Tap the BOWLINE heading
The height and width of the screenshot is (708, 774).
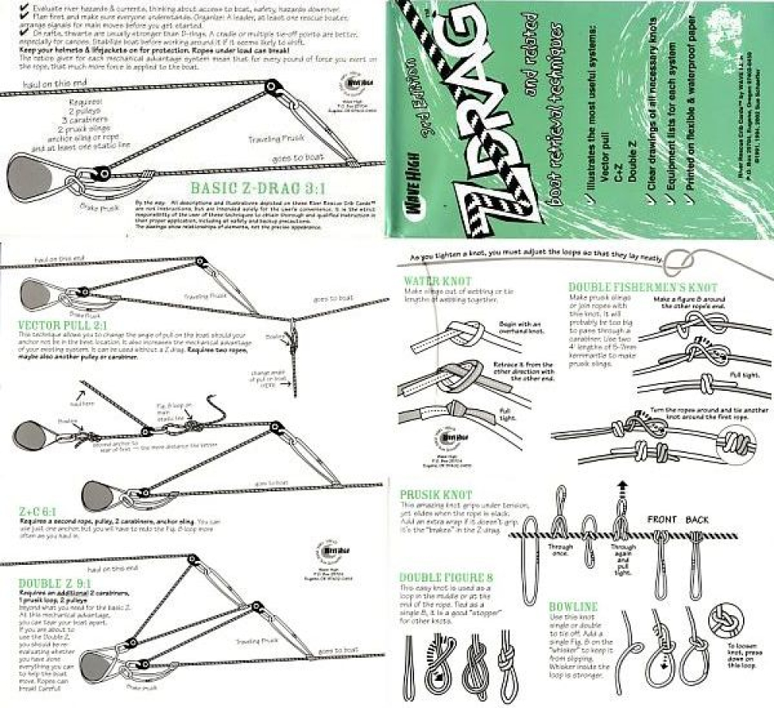574,606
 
